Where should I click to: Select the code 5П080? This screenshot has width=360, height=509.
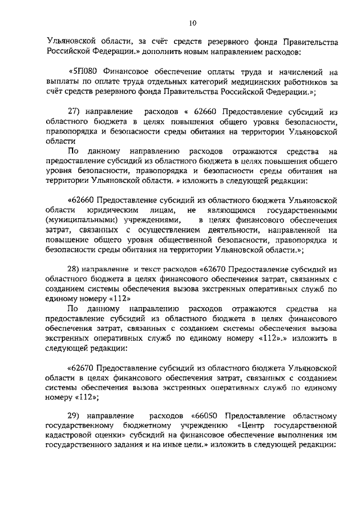[83, 73]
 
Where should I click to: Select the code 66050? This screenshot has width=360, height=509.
[208, 415]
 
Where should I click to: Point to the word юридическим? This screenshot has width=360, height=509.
[109, 209]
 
